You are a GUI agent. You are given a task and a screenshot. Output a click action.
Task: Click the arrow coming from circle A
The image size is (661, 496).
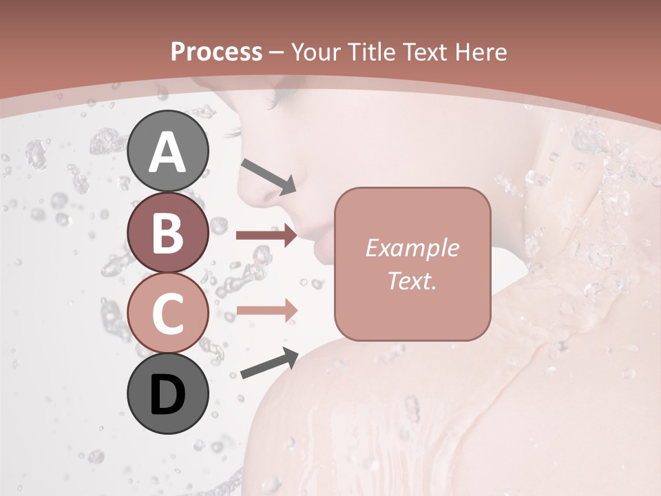point(269,175)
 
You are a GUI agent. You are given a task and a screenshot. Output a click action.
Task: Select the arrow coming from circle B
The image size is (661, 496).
point(267,236)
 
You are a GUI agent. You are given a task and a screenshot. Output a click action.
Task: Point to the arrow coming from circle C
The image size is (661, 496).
point(267,311)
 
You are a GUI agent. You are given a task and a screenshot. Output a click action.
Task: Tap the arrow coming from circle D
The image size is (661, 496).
point(269,363)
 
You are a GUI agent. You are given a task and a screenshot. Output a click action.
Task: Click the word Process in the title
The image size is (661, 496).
point(217,52)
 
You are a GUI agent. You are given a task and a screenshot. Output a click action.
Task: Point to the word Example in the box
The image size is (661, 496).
point(412,249)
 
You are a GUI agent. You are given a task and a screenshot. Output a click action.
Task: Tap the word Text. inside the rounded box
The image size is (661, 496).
point(412,281)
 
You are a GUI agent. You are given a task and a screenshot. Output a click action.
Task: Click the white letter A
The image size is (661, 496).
point(167,152)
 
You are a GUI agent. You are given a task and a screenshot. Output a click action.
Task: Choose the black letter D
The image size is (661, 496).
point(167,395)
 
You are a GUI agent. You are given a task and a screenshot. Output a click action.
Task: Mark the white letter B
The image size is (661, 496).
point(167,233)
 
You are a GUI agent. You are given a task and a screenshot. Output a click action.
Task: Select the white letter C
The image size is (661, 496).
point(167,313)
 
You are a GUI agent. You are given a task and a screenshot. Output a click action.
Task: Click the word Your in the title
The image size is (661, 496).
point(313,52)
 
